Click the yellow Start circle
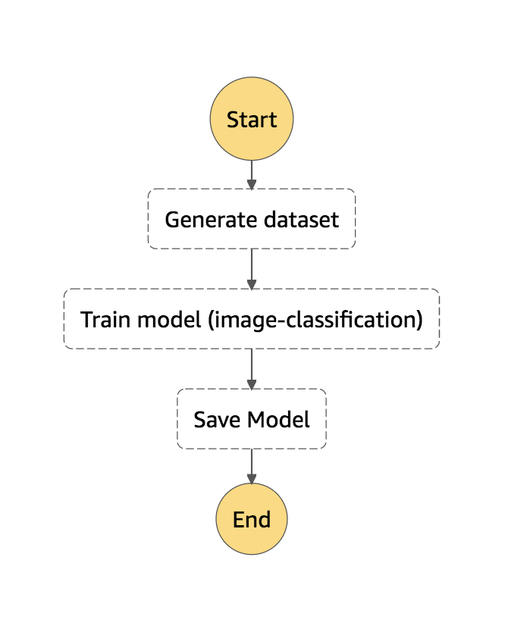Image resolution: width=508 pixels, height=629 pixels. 252,119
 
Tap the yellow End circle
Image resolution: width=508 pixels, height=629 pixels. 252,519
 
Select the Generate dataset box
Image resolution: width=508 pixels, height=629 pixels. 252,218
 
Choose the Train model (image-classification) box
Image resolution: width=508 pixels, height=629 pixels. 252,319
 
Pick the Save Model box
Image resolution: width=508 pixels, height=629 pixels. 252,419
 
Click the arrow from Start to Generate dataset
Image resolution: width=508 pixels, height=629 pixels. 252,175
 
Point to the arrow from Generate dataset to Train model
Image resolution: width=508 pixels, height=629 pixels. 252,269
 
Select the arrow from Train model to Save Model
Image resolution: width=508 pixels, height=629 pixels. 252,369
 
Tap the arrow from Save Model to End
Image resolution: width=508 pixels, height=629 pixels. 252,467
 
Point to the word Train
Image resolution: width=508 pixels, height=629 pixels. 106,319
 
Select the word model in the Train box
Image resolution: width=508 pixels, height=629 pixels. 169,319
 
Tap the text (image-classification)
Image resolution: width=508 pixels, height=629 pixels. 315,320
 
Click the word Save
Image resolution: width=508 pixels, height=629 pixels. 217,420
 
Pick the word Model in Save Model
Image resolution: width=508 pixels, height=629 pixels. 278,420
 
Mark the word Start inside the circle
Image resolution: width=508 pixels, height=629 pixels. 252,120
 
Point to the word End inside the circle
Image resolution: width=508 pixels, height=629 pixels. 252,519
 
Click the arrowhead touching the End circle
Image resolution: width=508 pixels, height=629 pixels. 252,479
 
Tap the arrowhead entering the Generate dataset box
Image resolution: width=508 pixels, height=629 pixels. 252,184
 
